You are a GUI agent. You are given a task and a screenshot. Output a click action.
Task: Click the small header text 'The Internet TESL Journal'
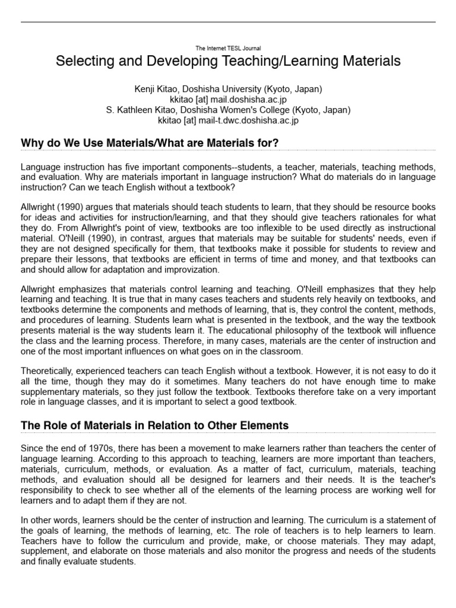pos(228,48)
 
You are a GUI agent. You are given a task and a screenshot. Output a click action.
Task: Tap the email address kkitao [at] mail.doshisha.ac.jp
pos(228,100)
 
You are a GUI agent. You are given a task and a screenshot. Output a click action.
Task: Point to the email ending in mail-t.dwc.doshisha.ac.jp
pos(228,120)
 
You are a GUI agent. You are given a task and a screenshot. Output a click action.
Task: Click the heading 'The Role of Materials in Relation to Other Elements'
pos(154,425)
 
